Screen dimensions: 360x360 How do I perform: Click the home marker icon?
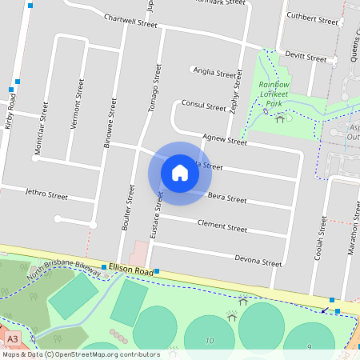point(180,173)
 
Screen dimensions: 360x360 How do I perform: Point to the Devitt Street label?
point(306,58)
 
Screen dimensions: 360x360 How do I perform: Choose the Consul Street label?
point(204,106)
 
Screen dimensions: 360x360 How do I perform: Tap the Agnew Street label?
point(225,140)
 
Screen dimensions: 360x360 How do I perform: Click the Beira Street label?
point(227,198)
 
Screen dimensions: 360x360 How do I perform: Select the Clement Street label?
point(222,227)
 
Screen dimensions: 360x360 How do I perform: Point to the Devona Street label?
point(258,260)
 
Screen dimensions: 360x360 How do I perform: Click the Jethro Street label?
point(46,194)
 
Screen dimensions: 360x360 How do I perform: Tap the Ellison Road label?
point(131,270)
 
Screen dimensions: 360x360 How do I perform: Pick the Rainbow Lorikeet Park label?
point(274,94)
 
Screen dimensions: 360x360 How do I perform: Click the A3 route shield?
point(12,339)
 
